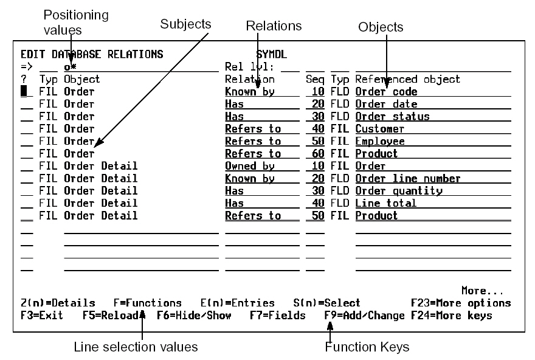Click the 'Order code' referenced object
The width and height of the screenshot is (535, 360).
click(386, 92)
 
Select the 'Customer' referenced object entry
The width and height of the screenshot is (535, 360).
click(379, 129)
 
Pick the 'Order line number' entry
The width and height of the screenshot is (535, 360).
click(407, 178)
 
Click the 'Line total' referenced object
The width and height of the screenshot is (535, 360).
click(385, 203)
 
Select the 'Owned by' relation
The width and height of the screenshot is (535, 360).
click(249, 166)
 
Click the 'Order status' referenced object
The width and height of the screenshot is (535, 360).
click(392, 116)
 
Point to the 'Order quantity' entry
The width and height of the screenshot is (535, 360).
click(398, 191)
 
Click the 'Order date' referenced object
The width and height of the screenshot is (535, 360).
click(386, 104)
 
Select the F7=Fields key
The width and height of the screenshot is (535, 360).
click(277, 316)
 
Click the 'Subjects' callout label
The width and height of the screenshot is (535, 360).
click(185, 24)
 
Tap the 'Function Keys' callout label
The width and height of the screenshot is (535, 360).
click(367, 347)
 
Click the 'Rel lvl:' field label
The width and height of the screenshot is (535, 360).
click(246, 66)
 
